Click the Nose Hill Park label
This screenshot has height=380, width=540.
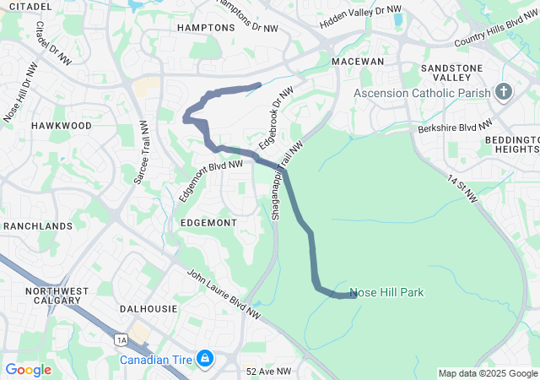pos(386,292)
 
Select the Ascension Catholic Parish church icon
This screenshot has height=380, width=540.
pos(505,91)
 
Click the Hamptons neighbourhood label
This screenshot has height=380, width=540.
pos(206,28)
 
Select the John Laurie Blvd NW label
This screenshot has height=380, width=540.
pos(224,294)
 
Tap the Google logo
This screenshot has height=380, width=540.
pos(29,370)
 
